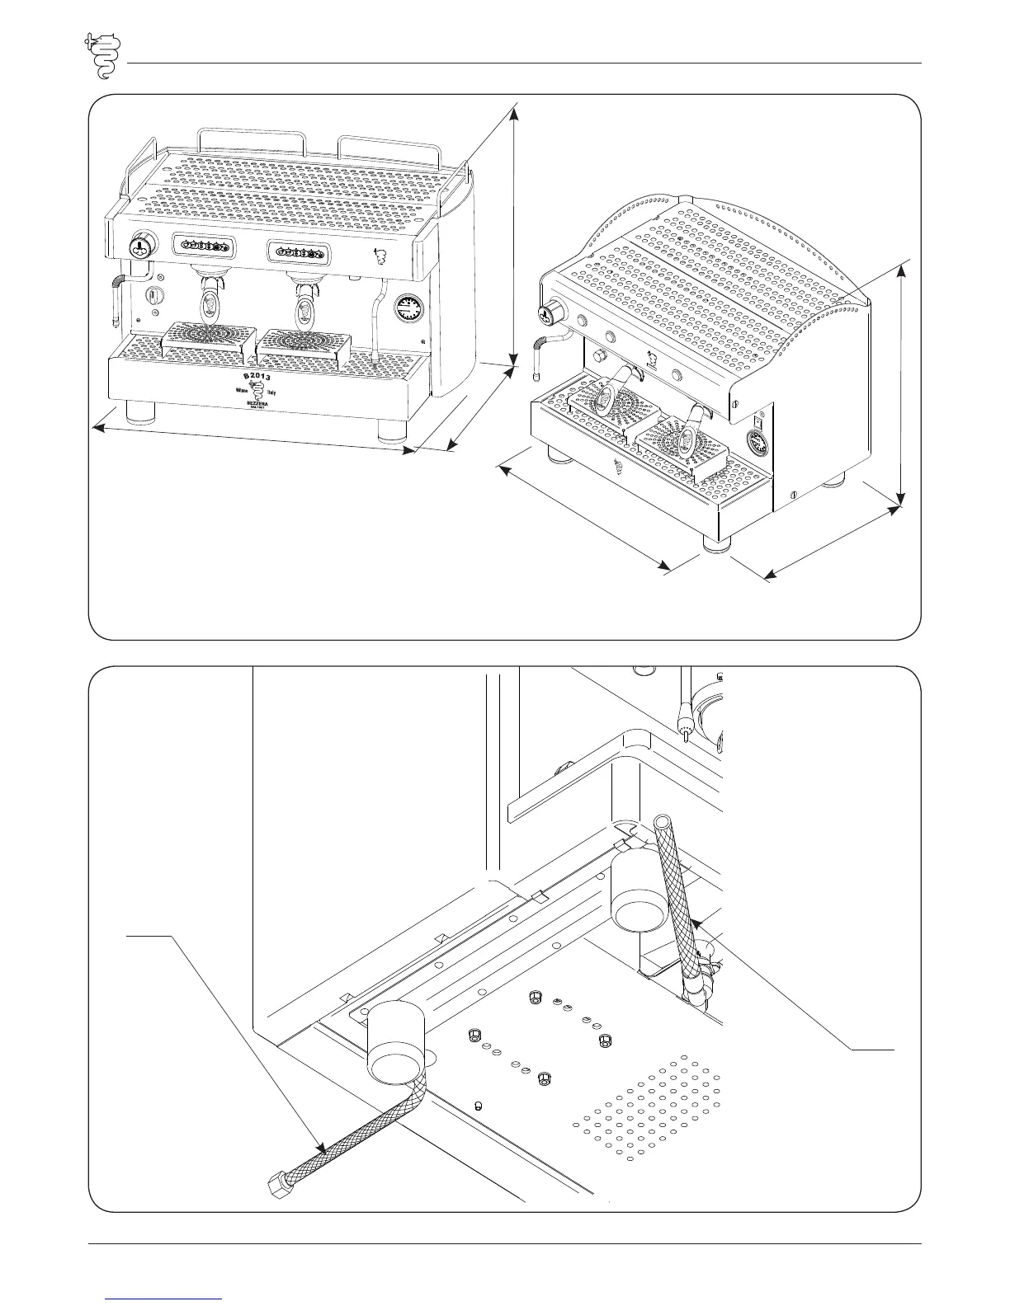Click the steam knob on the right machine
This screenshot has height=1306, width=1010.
[548, 313]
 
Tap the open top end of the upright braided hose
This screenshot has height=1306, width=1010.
[662, 822]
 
